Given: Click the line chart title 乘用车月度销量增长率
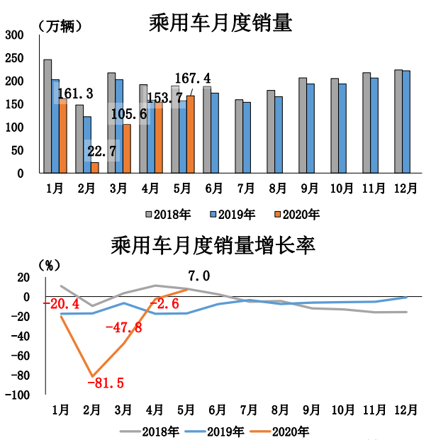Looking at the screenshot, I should coord(213,246).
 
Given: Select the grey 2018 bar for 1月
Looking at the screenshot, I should coord(47,116).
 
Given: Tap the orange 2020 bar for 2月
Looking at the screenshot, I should coord(95,167).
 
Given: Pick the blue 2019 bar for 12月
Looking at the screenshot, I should coord(406,122).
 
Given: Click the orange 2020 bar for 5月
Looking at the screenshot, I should coord(190,134).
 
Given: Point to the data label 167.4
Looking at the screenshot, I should coord(193,78).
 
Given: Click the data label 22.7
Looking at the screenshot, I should coord(103,150).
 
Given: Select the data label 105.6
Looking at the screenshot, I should coord(128,113).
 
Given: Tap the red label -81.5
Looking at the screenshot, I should coord(105,383).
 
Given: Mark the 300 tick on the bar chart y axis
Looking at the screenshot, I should coord(15,35).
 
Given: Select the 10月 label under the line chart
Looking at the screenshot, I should coord(343,409).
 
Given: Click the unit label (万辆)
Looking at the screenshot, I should coord(59,27).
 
